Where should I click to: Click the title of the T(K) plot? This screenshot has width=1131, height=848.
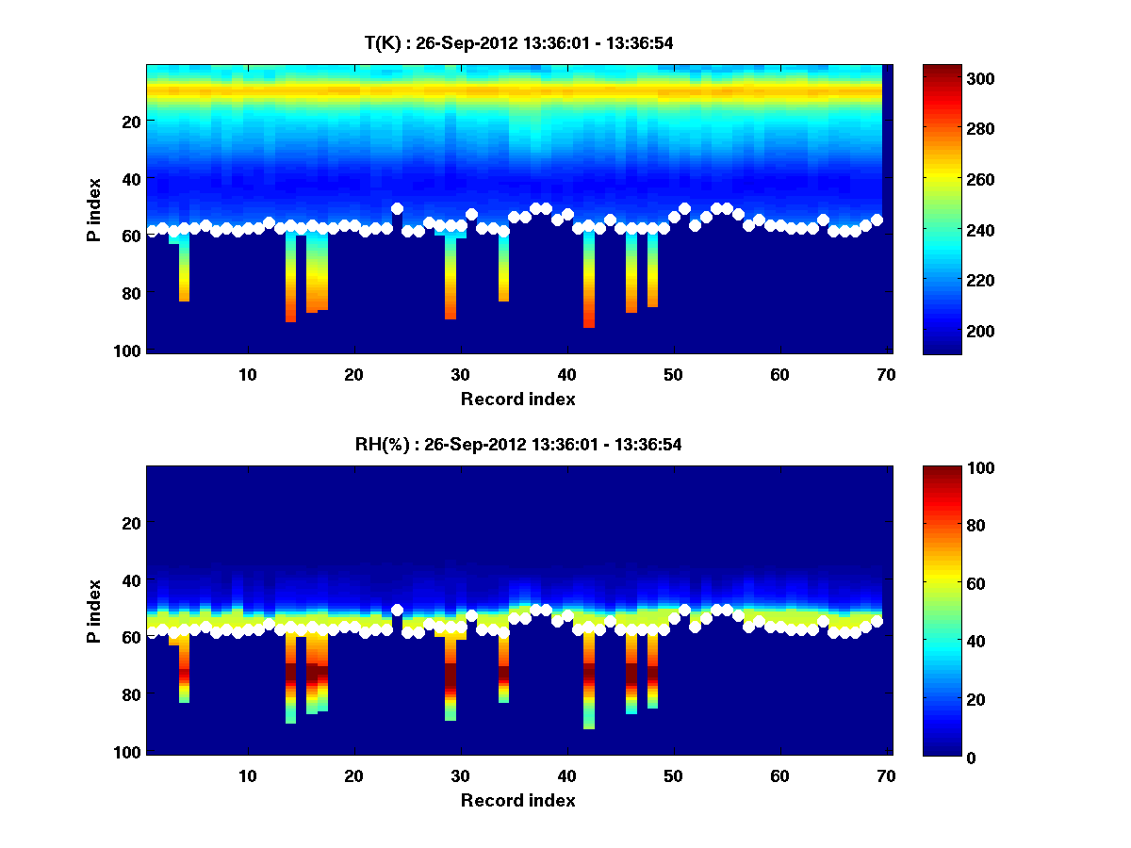[x=517, y=42]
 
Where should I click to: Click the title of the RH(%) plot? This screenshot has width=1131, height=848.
[x=512, y=444]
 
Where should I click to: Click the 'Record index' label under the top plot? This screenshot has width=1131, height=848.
[x=517, y=399]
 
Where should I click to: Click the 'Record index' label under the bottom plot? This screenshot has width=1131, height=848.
[x=517, y=800]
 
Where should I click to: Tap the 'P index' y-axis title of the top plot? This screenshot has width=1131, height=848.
[x=94, y=209]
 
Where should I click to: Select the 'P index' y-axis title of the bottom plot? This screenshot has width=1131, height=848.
[x=94, y=611]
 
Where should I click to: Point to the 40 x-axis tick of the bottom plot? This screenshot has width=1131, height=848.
[x=566, y=775]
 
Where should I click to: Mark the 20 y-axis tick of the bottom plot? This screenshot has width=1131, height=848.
[x=130, y=523]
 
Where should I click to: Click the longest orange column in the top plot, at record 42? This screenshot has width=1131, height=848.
[x=589, y=283]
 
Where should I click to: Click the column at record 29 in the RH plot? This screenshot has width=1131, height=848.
[x=451, y=678]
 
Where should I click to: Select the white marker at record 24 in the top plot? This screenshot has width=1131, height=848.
[x=397, y=208]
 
